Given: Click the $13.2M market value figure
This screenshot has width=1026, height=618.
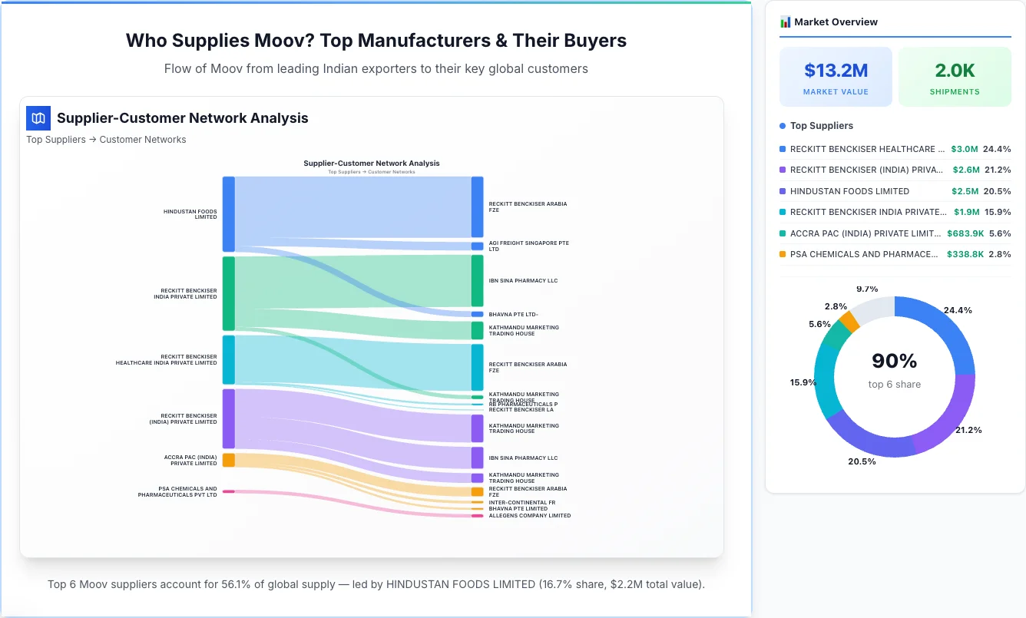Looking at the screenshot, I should tap(836, 71).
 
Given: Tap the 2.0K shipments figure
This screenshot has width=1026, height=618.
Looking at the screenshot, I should tap(955, 71).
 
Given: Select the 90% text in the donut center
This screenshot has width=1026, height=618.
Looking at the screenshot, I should tap(895, 361).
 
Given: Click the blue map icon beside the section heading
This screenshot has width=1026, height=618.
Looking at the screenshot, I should tap(38, 118).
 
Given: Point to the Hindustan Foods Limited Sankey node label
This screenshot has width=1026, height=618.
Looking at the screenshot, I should tap(190, 214).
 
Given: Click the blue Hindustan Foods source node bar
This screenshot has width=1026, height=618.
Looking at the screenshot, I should tap(228, 213).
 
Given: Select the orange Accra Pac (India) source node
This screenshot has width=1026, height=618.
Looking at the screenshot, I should tap(228, 460).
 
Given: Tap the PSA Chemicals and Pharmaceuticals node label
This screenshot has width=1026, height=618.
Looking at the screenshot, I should tap(177, 492).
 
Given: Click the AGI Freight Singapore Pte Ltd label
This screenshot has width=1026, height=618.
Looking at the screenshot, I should tap(528, 246).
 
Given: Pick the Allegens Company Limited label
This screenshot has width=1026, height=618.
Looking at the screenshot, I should tap(529, 516).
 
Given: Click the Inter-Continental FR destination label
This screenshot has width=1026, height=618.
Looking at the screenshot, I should tap(521, 503).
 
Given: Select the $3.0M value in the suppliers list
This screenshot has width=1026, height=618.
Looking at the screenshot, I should tap(964, 149).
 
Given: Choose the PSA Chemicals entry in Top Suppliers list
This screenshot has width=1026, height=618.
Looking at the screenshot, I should tap(863, 254).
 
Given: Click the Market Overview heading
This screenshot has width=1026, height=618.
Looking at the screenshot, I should tap(836, 22).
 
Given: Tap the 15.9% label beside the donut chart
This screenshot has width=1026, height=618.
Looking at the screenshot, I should tap(804, 382).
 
